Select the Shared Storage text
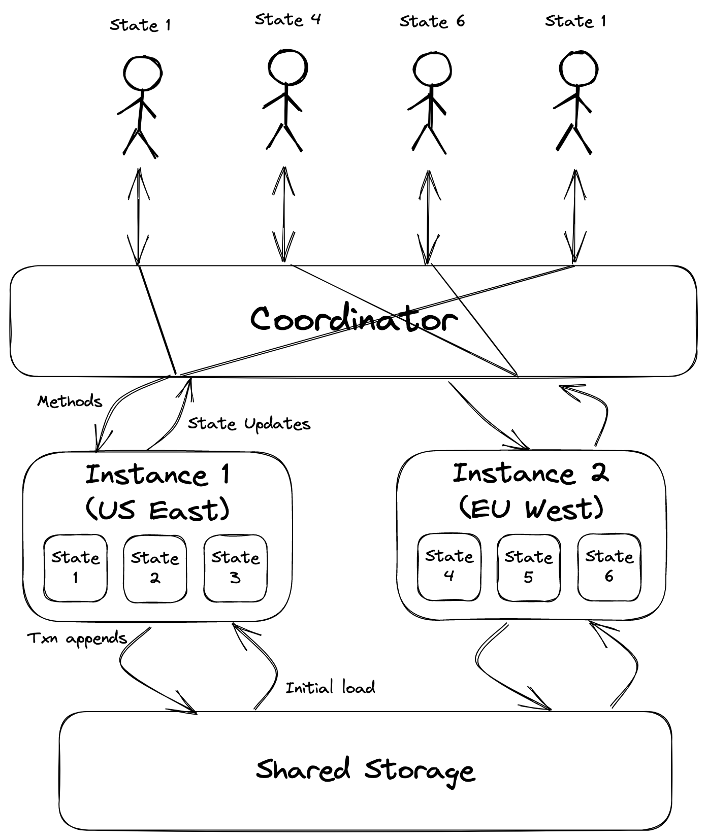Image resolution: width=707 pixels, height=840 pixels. point(365,770)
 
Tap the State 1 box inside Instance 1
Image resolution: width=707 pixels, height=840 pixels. point(75,567)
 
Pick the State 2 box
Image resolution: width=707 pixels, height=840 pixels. point(155,568)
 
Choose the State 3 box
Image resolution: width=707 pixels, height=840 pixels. point(235,567)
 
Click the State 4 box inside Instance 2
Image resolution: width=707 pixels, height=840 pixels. point(449,566)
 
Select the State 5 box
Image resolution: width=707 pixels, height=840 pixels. point(528,566)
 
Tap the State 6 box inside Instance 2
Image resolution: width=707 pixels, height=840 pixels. point(609,566)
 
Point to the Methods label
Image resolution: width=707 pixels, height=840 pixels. point(70,401)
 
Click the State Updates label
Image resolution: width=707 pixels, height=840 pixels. point(249,424)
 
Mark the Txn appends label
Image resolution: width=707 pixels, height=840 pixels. point(77,639)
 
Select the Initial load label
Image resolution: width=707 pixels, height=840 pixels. point(330,688)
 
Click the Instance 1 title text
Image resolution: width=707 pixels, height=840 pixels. point(157,475)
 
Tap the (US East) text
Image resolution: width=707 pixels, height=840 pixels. point(157,509)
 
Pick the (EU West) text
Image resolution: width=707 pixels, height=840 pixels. point(531,508)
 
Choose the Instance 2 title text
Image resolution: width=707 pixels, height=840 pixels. point(530,474)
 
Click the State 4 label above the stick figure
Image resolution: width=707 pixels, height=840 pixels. point(287,20)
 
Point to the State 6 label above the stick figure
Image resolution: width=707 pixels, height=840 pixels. point(432,21)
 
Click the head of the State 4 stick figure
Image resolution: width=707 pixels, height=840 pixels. point(287,68)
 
